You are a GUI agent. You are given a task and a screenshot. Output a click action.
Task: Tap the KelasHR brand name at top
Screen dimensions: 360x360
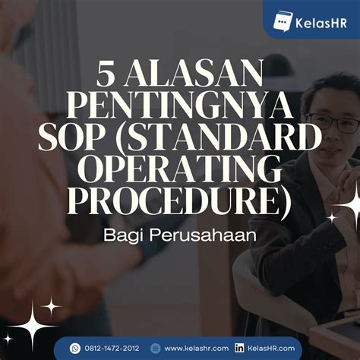click(x=319, y=21)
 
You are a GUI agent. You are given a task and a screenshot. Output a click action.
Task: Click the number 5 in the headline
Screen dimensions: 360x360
click(x=106, y=76)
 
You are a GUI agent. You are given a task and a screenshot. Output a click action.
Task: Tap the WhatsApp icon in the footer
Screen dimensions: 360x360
click(x=75, y=348)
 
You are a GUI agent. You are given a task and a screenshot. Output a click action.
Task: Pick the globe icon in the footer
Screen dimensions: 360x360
click(x=156, y=348)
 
